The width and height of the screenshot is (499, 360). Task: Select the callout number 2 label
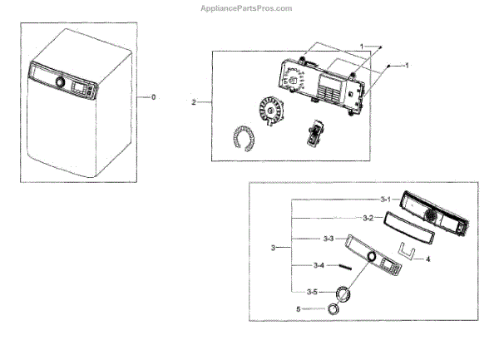coord(194,102)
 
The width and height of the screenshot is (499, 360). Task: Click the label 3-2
coord(368,218)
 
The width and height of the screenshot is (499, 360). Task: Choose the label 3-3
coord(328,239)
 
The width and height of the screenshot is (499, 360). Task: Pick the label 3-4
coord(319,266)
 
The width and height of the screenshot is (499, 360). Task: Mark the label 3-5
coord(312,292)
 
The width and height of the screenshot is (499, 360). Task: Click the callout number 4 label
coord(427,260)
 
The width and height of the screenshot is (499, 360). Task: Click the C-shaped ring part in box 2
coord(244,137)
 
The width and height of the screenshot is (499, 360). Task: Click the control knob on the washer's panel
coord(59,81)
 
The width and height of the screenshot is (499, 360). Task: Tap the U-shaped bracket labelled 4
coord(405,249)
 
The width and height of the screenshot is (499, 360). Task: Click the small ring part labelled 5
coord(334,309)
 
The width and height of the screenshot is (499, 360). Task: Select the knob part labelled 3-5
coord(343,293)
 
